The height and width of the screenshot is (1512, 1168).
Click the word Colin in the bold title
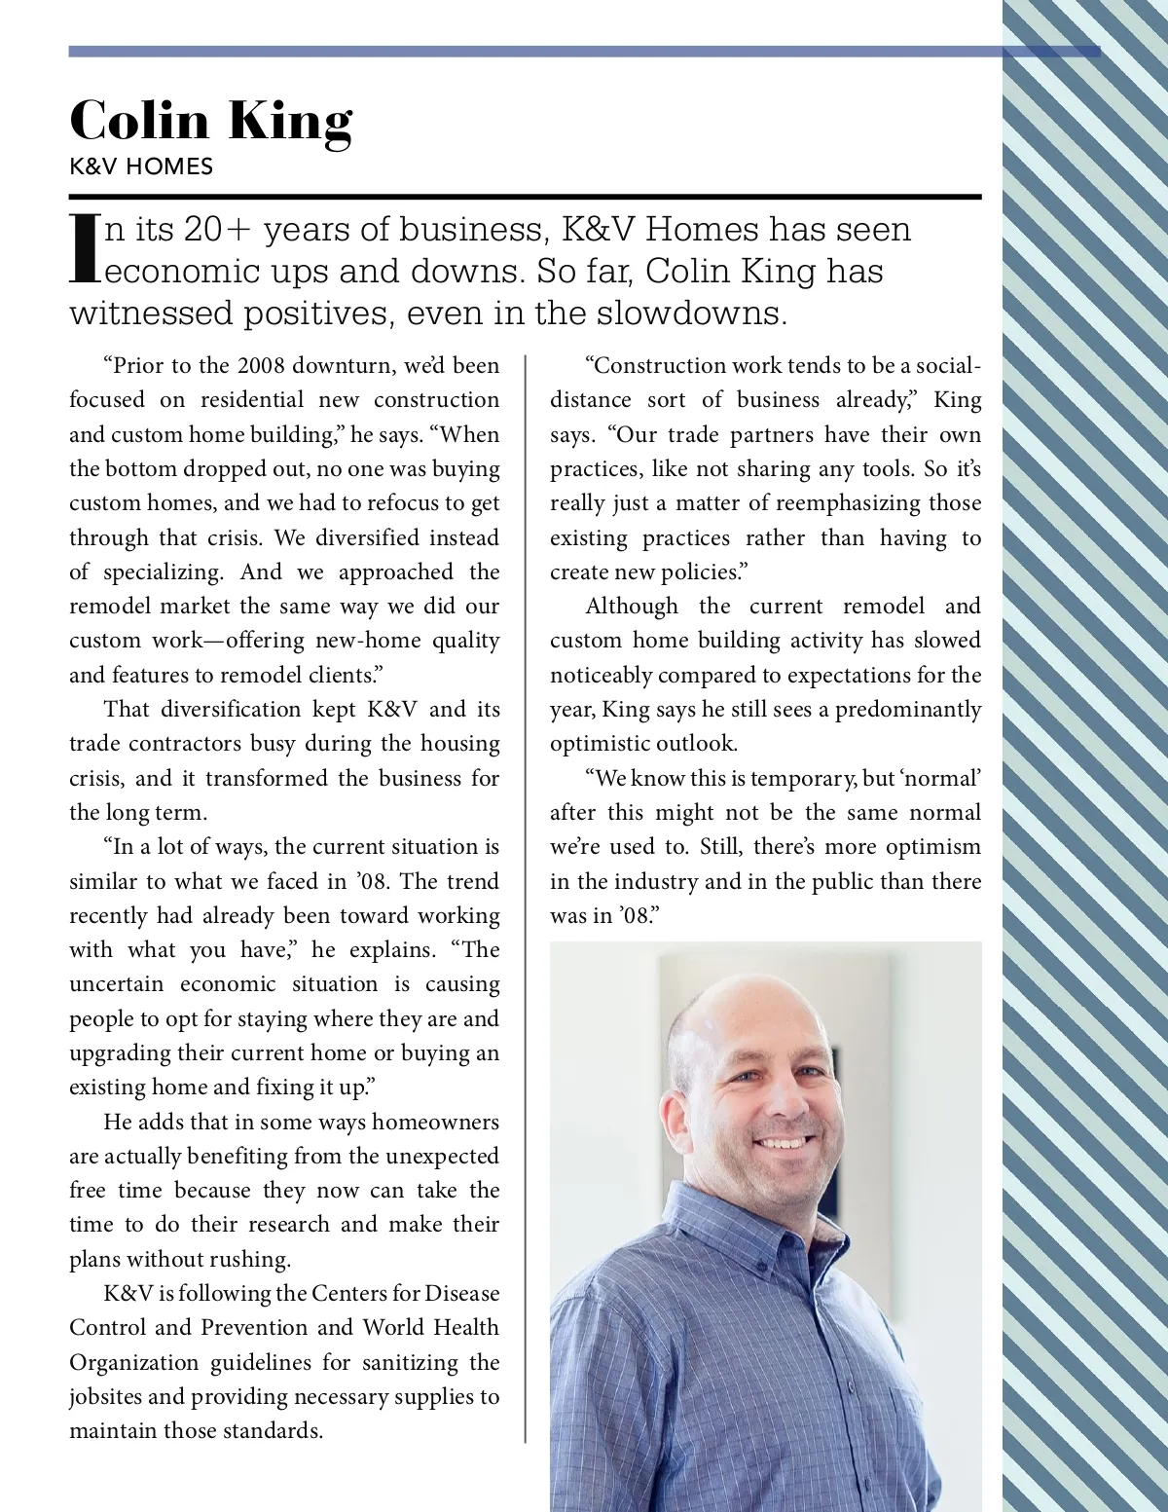pyautogui.click(x=139, y=121)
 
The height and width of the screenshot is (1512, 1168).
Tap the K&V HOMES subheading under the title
pyautogui.click(x=141, y=166)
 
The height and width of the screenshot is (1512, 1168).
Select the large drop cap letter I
pyautogui.click(x=85, y=248)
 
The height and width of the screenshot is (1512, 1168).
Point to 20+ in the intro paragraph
pyautogui.click(x=217, y=230)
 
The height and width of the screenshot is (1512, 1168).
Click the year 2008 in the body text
pyautogui.click(x=260, y=366)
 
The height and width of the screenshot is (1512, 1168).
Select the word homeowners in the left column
pyautogui.click(x=435, y=1122)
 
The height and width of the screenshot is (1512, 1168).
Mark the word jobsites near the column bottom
pyautogui.click(x=105, y=1397)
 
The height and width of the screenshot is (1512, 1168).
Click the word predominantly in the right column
pyautogui.click(x=908, y=710)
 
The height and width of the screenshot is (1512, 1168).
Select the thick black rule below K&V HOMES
pyautogui.click(x=526, y=197)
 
